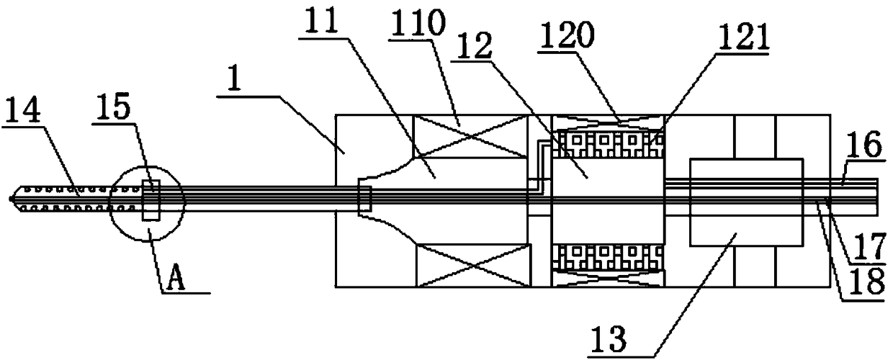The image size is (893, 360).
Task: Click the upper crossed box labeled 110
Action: pos(472,136)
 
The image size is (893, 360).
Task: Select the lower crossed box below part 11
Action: pos(472,265)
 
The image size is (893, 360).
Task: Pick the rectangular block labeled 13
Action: pos(746,202)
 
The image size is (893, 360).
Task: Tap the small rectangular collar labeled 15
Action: pos(151,200)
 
